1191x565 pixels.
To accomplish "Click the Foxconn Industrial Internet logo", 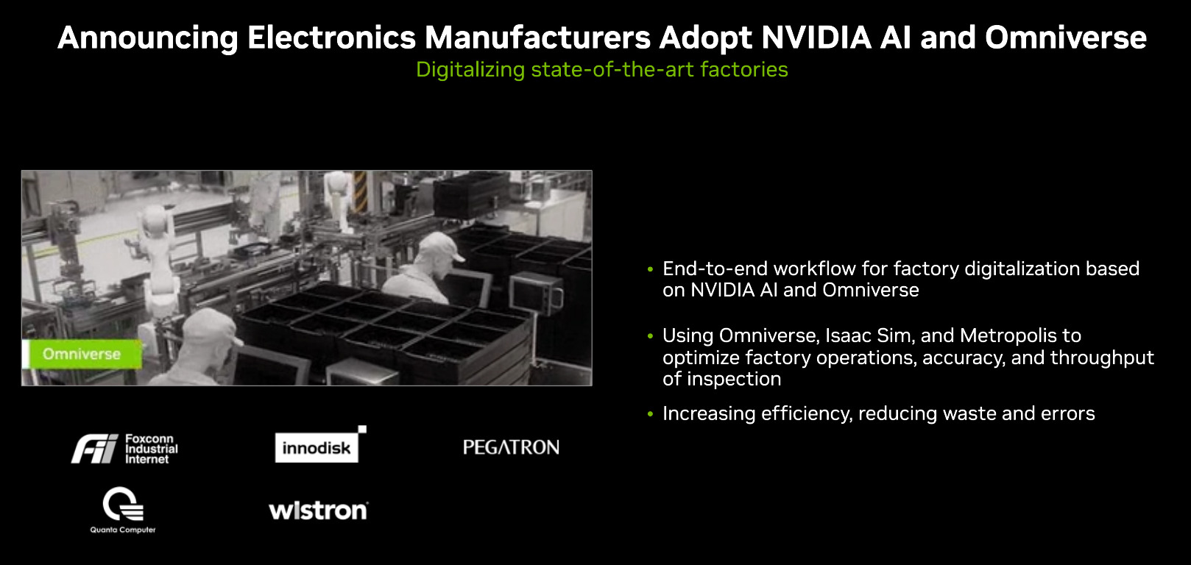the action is point(125,449).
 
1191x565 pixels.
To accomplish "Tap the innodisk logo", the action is point(321,444).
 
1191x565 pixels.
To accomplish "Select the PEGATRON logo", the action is point(511,447).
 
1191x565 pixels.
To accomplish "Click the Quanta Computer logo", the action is point(123,510).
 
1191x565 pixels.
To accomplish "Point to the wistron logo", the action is point(319,511).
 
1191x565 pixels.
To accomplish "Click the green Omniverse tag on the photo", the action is point(82,354).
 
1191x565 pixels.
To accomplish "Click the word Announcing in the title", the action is point(148,38).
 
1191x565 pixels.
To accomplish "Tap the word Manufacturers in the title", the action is point(537,38).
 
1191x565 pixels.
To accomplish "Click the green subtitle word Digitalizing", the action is point(470,70).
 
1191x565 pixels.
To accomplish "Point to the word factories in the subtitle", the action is point(744,70).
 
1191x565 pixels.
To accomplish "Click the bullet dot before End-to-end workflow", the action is point(650,269).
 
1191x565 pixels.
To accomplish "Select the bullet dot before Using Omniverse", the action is point(650,336).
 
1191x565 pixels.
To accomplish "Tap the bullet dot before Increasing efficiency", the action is point(650,414).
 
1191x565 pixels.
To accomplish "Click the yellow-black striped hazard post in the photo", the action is point(360,191).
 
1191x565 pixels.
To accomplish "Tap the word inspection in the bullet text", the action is point(734,380).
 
